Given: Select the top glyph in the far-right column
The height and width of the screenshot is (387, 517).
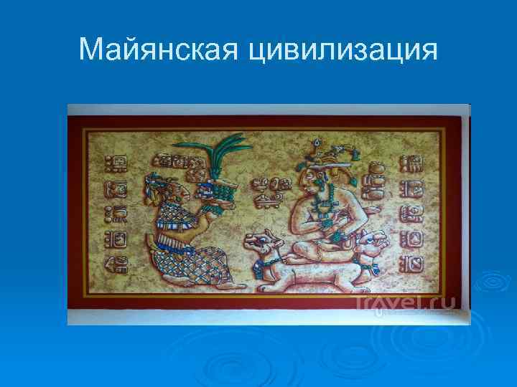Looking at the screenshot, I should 414,163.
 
